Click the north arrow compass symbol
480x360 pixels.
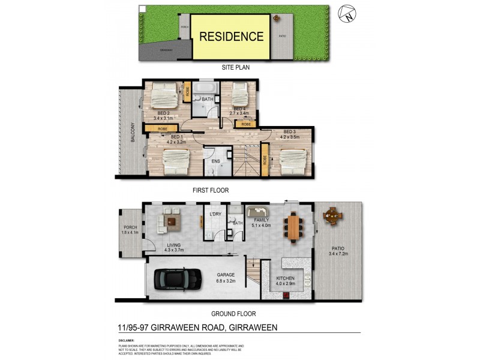click(346, 13)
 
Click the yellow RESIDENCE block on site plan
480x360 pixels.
click(231, 36)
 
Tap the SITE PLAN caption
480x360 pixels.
click(235, 68)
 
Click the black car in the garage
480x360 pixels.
click(178, 278)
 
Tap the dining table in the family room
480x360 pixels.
click(293, 227)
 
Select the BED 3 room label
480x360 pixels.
click(290, 131)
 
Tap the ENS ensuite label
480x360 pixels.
click(216, 161)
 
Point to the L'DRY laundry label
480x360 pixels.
click(215, 214)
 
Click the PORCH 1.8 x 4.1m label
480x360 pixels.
click(131, 229)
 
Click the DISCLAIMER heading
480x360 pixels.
click(128, 340)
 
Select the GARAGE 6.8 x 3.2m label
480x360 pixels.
click(226, 278)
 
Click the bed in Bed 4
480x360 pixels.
click(239, 94)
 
